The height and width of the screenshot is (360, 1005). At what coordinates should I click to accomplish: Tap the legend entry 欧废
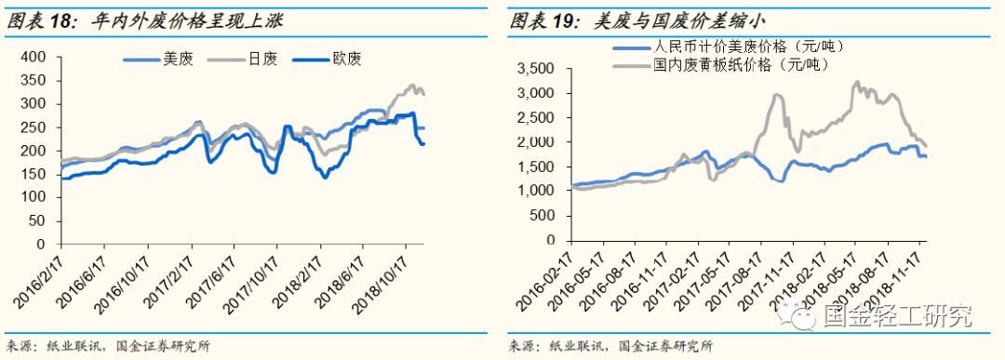tap(346, 59)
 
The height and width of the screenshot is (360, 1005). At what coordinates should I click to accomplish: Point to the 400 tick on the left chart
tap(33, 57)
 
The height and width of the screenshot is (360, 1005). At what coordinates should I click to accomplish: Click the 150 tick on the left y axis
tap(33, 174)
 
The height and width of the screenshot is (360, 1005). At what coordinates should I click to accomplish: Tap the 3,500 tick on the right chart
tap(538, 68)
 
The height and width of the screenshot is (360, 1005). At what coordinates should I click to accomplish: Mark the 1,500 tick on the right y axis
tap(538, 166)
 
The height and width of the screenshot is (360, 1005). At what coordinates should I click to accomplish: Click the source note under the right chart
tap(610, 346)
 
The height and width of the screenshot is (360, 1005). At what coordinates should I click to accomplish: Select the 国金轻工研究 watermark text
tap(897, 317)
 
